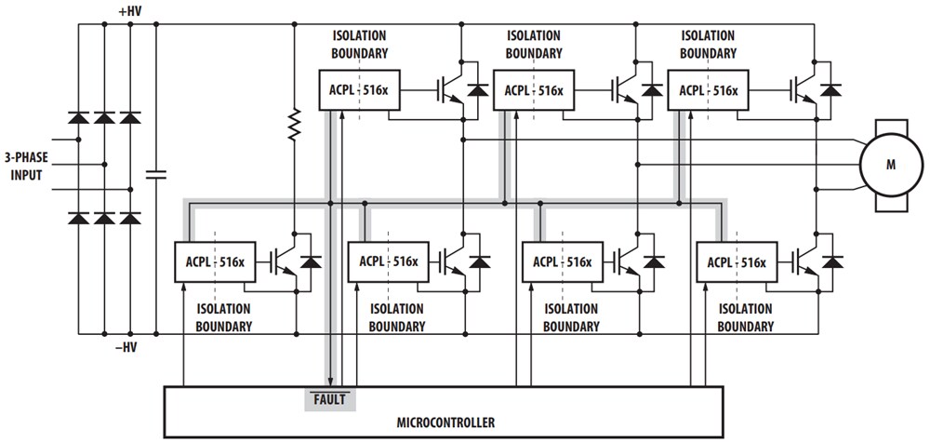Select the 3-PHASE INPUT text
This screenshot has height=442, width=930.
click(33, 167)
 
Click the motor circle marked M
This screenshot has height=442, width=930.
click(889, 166)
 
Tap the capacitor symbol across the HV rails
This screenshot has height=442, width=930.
click(156, 172)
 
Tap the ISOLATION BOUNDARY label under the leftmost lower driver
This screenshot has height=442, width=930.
click(224, 317)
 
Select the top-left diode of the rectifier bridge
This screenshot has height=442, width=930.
click(79, 119)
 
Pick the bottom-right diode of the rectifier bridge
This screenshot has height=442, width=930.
click(130, 219)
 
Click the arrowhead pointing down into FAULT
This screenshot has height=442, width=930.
click(330, 378)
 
